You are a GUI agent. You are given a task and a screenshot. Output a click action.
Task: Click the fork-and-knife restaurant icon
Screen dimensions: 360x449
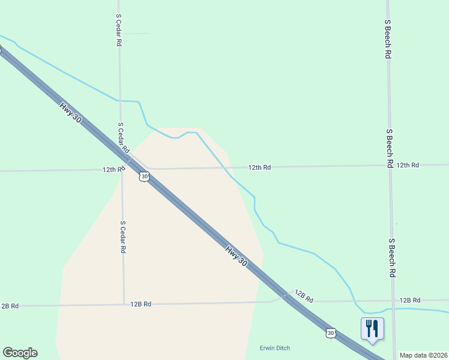(x=372, y=328)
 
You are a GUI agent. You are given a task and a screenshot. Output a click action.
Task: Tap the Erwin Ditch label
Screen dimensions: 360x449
(x=275, y=349)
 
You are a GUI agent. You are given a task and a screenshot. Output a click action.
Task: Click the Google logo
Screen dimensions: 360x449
(x=20, y=353)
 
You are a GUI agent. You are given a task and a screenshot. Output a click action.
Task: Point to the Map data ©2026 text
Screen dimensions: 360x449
(x=423, y=355)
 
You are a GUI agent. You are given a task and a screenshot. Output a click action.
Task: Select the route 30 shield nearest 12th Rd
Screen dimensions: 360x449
(x=143, y=176)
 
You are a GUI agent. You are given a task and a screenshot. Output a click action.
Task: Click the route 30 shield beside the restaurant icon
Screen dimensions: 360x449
(x=330, y=332)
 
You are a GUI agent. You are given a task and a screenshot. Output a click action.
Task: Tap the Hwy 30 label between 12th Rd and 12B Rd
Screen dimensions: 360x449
(x=237, y=256)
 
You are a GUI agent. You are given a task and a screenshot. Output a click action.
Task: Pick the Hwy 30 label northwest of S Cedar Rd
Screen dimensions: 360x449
(x=70, y=112)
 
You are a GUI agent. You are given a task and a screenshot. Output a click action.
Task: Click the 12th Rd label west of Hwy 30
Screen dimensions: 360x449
(x=113, y=170)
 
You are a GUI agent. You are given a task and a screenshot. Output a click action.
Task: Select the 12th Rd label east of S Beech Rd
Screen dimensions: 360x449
(x=408, y=165)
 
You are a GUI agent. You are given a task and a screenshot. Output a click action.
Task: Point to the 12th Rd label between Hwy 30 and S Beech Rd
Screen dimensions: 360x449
(x=260, y=167)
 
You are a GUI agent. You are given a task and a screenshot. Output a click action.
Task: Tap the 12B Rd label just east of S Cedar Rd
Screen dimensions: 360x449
(x=140, y=304)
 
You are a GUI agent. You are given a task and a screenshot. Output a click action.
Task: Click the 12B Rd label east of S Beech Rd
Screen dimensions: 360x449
(x=409, y=300)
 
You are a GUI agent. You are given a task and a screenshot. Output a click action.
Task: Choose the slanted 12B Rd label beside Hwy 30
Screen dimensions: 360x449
(x=304, y=296)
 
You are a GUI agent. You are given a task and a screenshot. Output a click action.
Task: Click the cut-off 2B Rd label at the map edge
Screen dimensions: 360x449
(x=10, y=306)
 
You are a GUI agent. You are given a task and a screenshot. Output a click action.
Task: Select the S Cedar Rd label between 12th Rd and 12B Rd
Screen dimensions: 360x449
(x=122, y=236)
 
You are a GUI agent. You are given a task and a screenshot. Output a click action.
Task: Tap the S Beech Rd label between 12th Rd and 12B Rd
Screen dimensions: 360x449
(x=391, y=257)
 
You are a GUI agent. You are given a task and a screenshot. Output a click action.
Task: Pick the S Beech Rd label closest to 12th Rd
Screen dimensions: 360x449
(x=390, y=148)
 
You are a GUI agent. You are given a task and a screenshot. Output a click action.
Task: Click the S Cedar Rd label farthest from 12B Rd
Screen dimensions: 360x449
(x=119, y=31)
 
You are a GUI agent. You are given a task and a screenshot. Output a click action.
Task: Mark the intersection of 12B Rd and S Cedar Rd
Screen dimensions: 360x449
(x=124, y=305)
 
